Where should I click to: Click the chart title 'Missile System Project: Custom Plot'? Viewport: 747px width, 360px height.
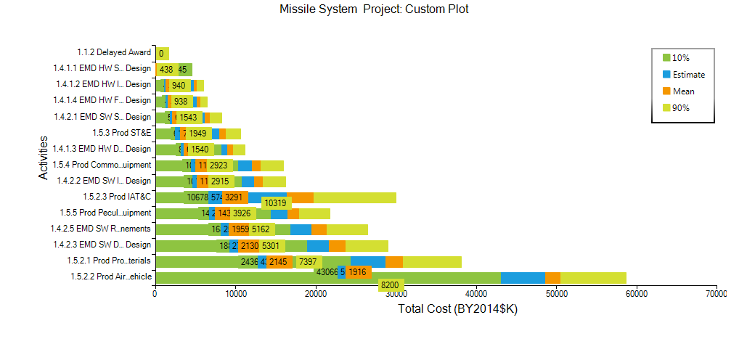(x=373, y=9)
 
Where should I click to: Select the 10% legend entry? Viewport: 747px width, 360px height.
(x=681, y=58)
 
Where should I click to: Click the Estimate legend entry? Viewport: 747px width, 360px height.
(x=688, y=75)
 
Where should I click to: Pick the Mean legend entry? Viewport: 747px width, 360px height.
(x=683, y=91)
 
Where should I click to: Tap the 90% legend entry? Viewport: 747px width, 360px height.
(x=681, y=108)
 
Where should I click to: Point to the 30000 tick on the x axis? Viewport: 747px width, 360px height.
(x=396, y=293)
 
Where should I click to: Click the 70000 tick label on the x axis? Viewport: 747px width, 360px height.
(x=716, y=293)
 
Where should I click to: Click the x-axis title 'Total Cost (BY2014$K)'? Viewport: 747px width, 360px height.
(x=457, y=308)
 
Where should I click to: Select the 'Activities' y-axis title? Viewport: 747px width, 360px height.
(x=44, y=157)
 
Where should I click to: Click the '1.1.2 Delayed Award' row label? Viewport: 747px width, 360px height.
(x=114, y=52)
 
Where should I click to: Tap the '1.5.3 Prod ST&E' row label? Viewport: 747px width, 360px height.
(x=121, y=133)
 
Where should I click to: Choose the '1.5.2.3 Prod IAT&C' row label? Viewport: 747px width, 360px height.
(x=117, y=197)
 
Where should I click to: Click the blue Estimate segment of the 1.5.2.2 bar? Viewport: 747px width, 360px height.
(x=523, y=278)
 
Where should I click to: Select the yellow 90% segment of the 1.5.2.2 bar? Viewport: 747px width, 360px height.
(x=593, y=278)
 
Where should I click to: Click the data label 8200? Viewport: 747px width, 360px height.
(x=390, y=285)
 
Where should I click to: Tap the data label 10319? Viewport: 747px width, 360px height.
(x=276, y=203)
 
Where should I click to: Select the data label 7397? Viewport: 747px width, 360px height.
(x=308, y=262)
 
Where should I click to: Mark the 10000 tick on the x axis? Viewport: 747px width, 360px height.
(x=235, y=293)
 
